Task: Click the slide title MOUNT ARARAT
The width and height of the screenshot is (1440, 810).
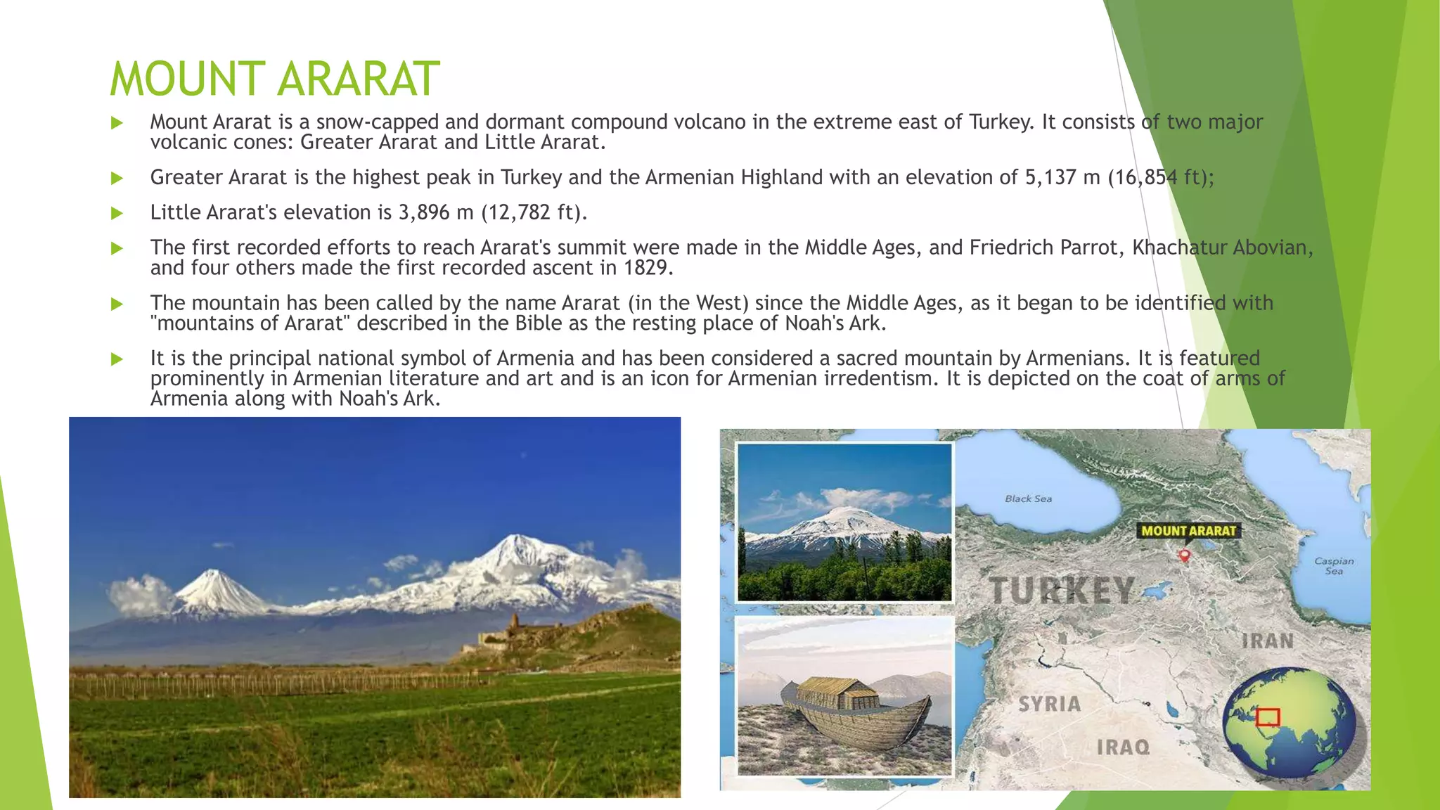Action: click(x=275, y=78)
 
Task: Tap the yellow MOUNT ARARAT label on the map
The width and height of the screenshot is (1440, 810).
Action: click(x=1188, y=531)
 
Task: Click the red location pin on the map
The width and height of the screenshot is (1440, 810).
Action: click(x=1185, y=555)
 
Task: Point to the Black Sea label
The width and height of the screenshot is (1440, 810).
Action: click(x=1028, y=499)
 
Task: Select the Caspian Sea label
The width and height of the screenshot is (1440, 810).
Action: click(x=1334, y=565)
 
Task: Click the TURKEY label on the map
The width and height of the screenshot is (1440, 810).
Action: click(x=1062, y=590)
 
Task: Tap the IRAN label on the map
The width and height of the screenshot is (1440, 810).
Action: click(x=1267, y=641)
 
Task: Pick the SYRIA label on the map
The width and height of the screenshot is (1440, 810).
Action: click(x=1049, y=703)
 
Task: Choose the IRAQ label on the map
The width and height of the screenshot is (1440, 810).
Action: click(x=1123, y=747)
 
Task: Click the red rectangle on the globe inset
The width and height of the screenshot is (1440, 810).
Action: click(x=1268, y=717)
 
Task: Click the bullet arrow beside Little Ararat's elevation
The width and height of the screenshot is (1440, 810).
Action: click(x=117, y=213)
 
